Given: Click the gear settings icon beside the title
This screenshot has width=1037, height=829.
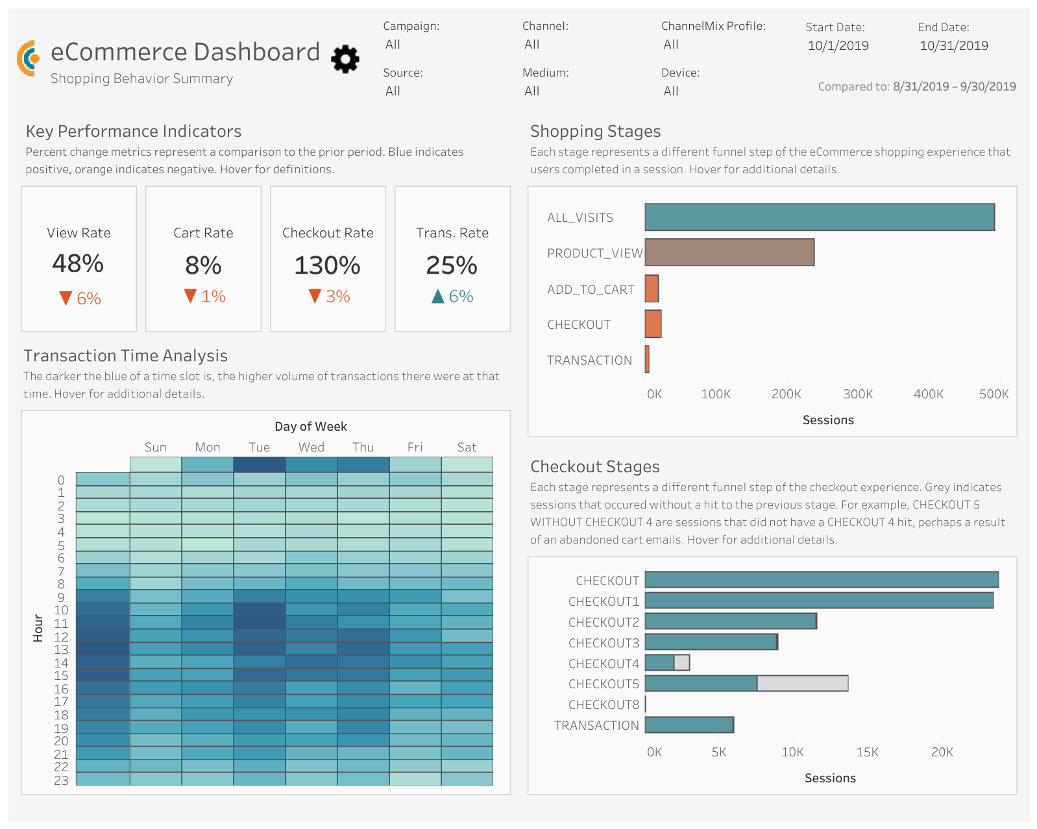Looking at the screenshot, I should [345, 59].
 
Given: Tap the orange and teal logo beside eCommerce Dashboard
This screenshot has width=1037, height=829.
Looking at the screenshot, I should [28, 58].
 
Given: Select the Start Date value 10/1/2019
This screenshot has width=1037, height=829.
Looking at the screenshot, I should [838, 46].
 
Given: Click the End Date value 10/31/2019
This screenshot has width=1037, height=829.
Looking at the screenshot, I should [953, 46].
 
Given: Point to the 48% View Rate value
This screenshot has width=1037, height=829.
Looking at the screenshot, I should [78, 263].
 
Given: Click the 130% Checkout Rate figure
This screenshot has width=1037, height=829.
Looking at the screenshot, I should [327, 265].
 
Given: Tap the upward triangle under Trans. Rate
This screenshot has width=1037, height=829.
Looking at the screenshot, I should [438, 296].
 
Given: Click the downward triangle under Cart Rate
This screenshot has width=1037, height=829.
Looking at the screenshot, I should [190, 296].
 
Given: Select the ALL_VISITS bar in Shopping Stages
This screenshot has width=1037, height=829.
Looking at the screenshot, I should [819, 217].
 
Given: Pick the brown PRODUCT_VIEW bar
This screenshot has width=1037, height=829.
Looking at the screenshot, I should [729, 252].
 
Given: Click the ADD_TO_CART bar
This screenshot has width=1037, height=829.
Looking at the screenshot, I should [652, 289].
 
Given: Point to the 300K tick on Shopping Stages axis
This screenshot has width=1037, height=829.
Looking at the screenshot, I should [858, 394].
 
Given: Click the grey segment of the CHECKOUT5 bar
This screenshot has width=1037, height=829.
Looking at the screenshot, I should [802, 683].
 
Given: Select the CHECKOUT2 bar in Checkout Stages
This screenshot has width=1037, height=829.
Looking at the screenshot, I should [730, 621].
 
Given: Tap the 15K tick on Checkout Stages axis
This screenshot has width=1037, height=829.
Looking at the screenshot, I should [867, 752].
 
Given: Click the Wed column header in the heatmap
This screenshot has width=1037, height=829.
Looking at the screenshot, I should [311, 447].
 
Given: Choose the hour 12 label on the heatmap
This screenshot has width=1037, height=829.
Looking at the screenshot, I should [61, 636].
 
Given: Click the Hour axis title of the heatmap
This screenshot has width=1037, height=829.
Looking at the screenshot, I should [38, 628].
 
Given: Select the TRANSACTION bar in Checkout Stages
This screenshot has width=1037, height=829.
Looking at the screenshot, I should [689, 725].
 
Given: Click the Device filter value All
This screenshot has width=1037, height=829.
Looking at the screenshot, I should [671, 91].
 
